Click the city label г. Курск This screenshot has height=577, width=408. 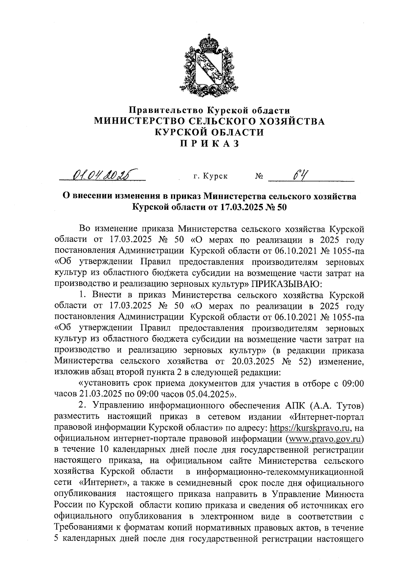point(210,176)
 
